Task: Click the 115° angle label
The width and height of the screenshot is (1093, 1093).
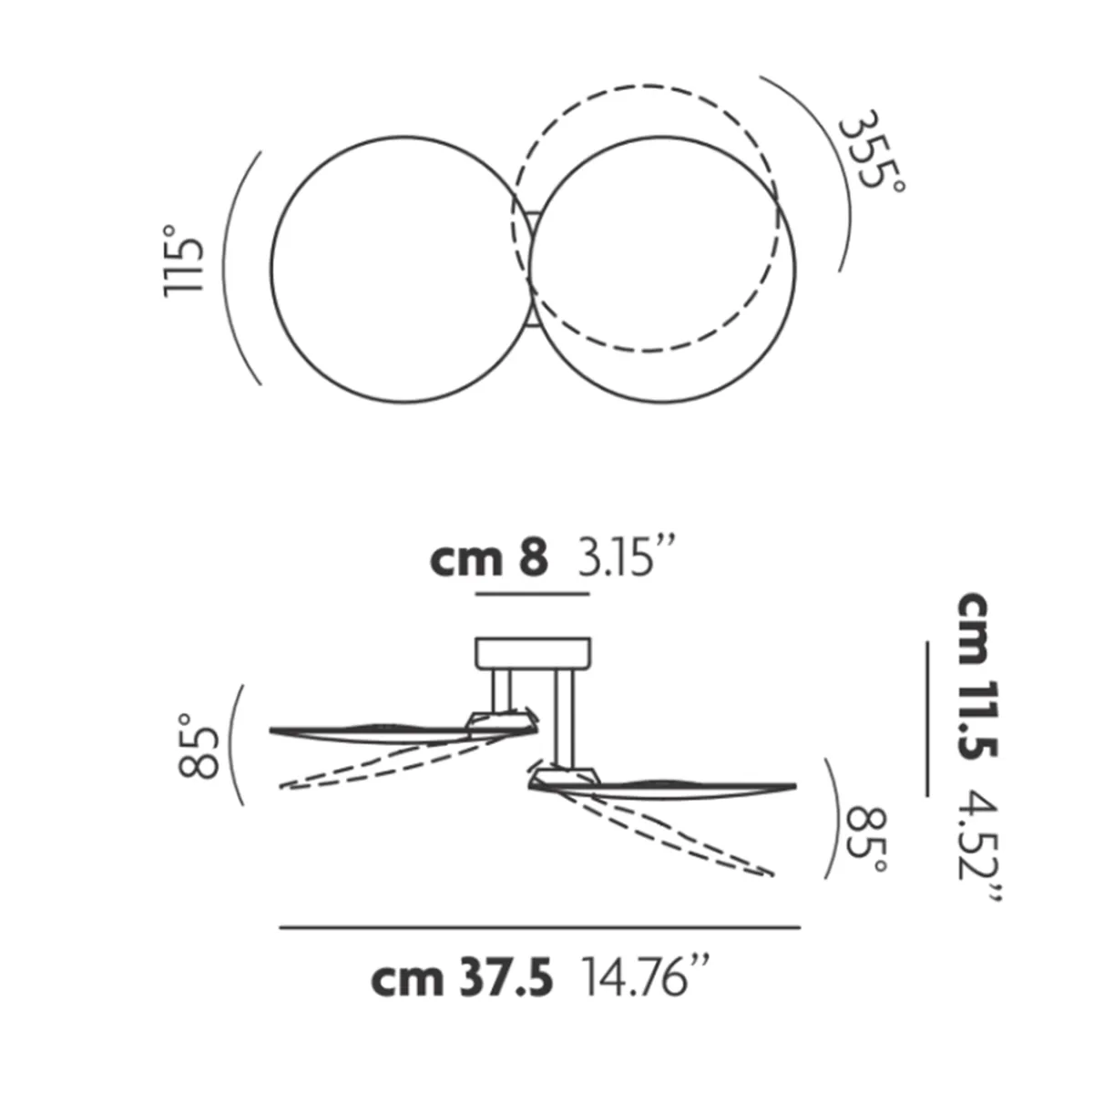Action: coord(183,260)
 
